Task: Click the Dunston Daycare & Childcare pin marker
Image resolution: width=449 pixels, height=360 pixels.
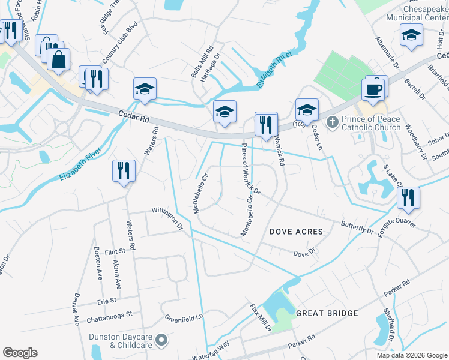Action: (x=161, y=341)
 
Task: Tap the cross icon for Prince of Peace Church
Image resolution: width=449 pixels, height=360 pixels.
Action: (x=333, y=122)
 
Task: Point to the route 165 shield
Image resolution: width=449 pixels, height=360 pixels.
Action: (x=298, y=124)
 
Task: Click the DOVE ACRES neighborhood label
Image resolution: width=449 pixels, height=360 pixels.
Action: (x=296, y=232)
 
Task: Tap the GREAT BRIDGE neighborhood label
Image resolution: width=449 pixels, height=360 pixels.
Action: (x=327, y=313)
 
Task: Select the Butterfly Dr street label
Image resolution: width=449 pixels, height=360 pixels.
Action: (x=357, y=229)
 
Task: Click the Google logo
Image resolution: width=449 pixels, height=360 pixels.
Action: (x=20, y=353)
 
